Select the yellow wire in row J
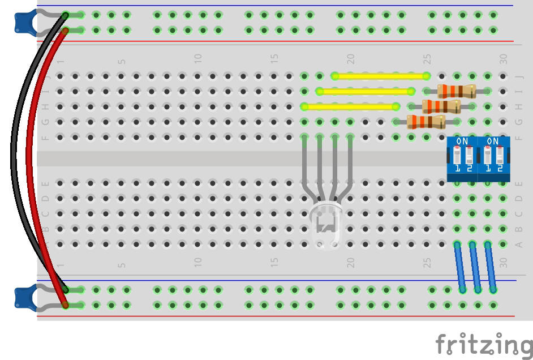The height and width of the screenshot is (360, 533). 380,76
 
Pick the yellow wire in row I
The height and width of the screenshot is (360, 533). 365,91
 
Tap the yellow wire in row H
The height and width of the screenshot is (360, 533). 350,106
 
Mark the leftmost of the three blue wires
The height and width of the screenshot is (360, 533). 460,267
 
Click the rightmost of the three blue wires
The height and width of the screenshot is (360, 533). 491,267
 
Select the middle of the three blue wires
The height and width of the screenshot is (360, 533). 475,267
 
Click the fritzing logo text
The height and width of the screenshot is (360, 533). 484,344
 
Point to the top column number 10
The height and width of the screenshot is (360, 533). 198,58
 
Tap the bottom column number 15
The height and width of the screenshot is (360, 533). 274,263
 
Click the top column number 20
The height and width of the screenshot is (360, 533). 351,58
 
